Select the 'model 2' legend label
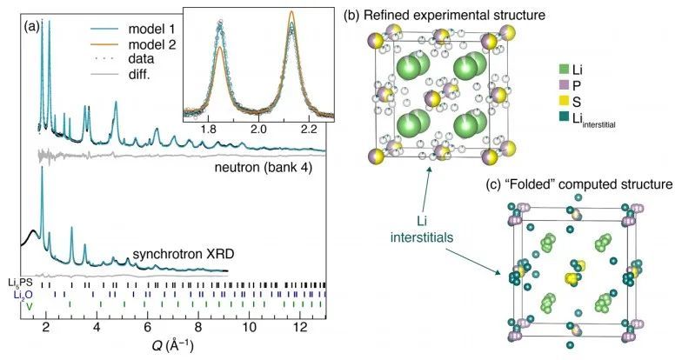click(151, 43)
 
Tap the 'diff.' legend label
click(139, 75)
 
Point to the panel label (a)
click(31, 27)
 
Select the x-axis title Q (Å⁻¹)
click(172, 346)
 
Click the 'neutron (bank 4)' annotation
click(263, 167)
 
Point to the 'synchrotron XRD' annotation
click(183, 254)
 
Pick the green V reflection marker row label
click(30, 306)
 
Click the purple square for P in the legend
click(564, 85)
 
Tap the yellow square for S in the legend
click(564, 102)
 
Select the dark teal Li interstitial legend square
click(564, 118)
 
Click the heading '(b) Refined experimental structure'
click(444, 16)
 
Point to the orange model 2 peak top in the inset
click(291, 11)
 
